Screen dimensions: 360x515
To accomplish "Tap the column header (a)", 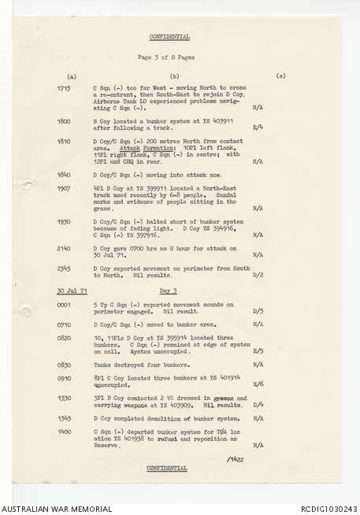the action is pyautogui.click(x=72, y=76).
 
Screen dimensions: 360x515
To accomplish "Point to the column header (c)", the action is pyautogui.click(x=281, y=76).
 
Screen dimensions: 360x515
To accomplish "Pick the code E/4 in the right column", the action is pyautogui.click(x=258, y=127).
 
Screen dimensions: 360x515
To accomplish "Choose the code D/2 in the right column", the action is pyautogui.click(x=258, y=275).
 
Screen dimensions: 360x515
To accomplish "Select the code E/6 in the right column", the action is pyautogui.click(x=258, y=383).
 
